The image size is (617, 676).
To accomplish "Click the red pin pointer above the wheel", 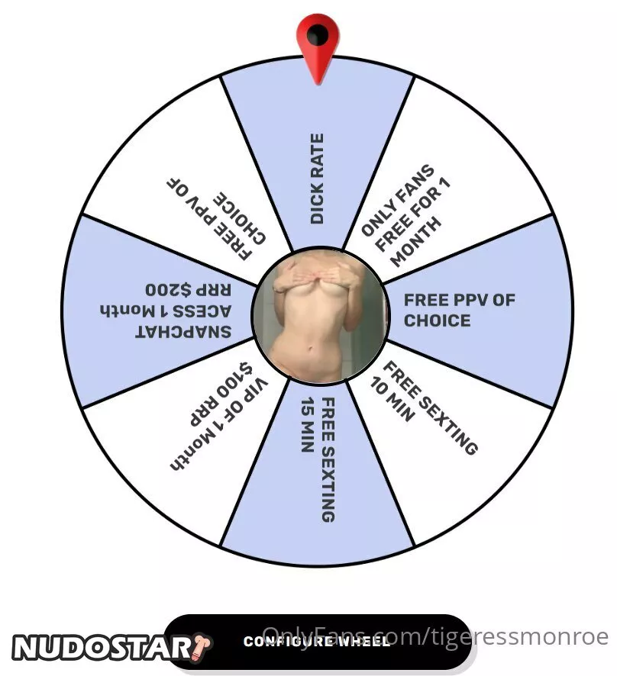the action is click(318, 48).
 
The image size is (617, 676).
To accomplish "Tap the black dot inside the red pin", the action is click(317, 35).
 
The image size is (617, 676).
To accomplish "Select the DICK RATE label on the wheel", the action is click(317, 179).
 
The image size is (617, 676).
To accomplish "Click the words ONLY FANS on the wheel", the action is click(397, 200).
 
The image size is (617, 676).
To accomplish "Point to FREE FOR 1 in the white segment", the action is click(412, 214).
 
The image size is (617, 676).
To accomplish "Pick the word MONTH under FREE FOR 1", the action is click(415, 242).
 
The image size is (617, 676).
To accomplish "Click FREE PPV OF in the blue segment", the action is click(459, 300).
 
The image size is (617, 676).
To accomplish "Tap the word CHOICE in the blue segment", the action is click(437, 320).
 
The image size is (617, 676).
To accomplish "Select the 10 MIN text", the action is click(392, 400).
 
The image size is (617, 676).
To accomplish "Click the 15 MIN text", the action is click(307, 425).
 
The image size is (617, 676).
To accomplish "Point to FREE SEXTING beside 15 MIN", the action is click(328, 460).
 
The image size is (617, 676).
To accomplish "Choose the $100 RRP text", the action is click(221, 394).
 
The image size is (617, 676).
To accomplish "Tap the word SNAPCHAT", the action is click(183, 332).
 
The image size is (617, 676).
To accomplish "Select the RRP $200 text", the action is click(188, 290).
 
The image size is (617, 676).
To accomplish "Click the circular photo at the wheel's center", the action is click(320, 314).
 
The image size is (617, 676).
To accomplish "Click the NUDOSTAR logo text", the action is click(101, 648).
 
